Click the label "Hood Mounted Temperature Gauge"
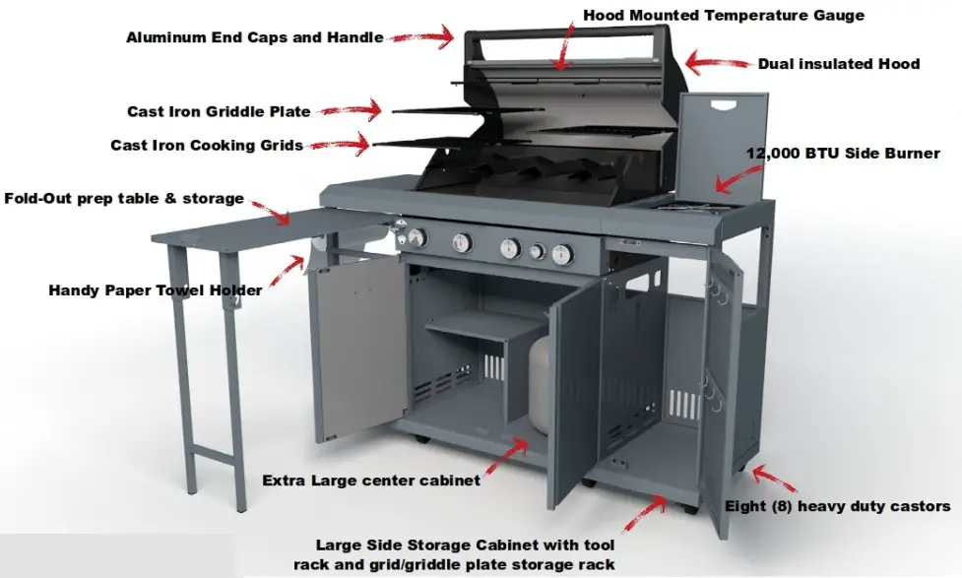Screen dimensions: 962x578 [x=723, y=15]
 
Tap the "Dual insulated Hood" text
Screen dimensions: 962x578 [x=838, y=64]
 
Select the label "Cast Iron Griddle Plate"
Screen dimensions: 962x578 [x=219, y=112]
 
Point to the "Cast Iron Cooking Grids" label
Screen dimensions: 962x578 [x=206, y=145]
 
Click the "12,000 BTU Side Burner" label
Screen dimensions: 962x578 [x=843, y=154]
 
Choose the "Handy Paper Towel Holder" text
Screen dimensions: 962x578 [x=156, y=290]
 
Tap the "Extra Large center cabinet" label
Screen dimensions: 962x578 [x=371, y=481]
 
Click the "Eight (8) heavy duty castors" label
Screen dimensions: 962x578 [x=837, y=506]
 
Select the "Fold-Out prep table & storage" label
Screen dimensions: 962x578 [x=124, y=198]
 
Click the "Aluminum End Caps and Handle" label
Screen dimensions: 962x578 [x=253, y=37]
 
